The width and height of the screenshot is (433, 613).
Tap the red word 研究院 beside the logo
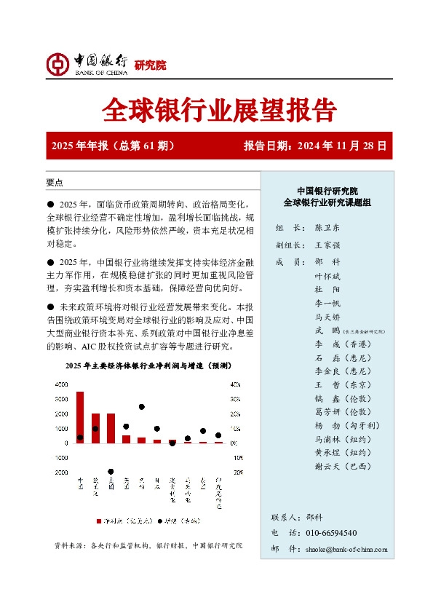click(x=151, y=66)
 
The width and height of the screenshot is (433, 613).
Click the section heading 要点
click(x=54, y=182)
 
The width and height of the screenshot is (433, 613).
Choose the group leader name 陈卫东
click(x=328, y=228)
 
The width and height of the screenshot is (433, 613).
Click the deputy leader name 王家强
click(x=328, y=245)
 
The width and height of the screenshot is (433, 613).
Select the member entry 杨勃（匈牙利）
click(x=346, y=425)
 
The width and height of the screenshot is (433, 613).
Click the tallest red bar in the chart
click(x=80, y=416)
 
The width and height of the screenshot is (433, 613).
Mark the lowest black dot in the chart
click(x=111, y=471)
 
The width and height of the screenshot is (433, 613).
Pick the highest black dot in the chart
click(x=142, y=407)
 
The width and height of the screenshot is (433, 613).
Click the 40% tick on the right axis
click(x=234, y=384)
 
